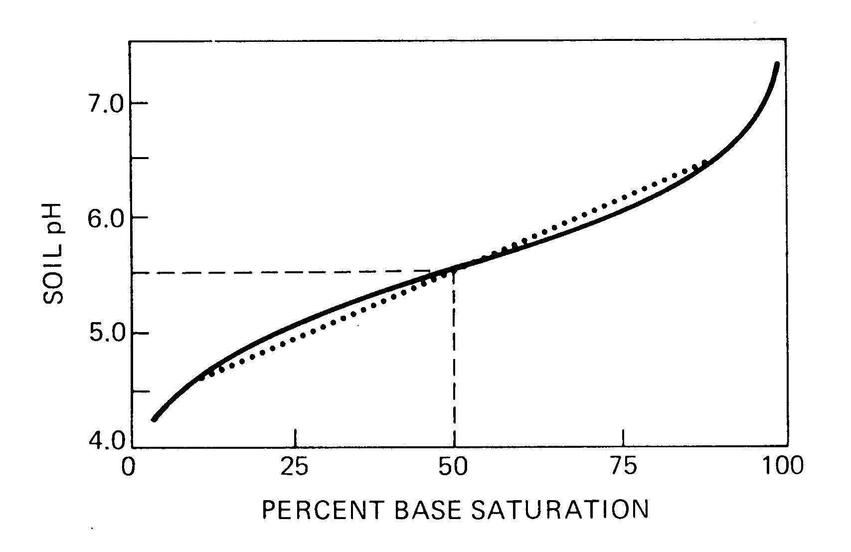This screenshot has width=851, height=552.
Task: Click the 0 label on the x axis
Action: click(x=129, y=467)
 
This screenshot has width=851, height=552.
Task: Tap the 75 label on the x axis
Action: click(x=623, y=467)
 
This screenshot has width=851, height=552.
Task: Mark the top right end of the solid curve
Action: click(x=777, y=64)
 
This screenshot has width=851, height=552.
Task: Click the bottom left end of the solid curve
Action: click(x=154, y=419)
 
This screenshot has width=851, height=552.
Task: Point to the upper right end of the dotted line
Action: click(x=704, y=163)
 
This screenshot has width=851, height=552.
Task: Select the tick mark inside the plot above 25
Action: click(x=296, y=437)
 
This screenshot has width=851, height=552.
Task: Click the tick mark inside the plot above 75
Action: click(x=623, y=437)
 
